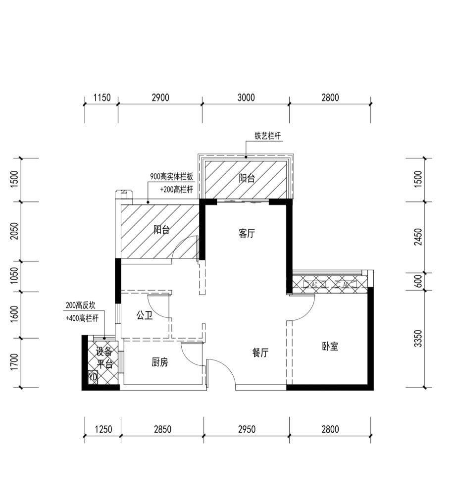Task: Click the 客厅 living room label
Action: [247, 234]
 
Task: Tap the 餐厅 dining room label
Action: [260, 353]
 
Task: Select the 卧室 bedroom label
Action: [330, 347]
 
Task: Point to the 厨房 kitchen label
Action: [159, 362]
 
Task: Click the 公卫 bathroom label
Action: [145, 316]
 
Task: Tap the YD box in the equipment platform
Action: [93, 377]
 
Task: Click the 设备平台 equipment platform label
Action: [104, 358]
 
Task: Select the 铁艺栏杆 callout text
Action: [268, 136]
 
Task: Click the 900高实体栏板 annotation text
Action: [172, 176]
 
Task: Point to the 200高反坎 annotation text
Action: [81, 305]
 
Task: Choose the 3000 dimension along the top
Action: [246, 98]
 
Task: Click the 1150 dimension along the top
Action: [102, 98]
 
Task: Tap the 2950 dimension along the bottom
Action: [247, 429]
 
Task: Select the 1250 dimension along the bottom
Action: [103, 429]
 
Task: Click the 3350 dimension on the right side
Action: [418, 339]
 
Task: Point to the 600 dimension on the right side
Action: [418, 281]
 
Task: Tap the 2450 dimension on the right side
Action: [418, 237]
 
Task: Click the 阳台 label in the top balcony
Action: [247, 178]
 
